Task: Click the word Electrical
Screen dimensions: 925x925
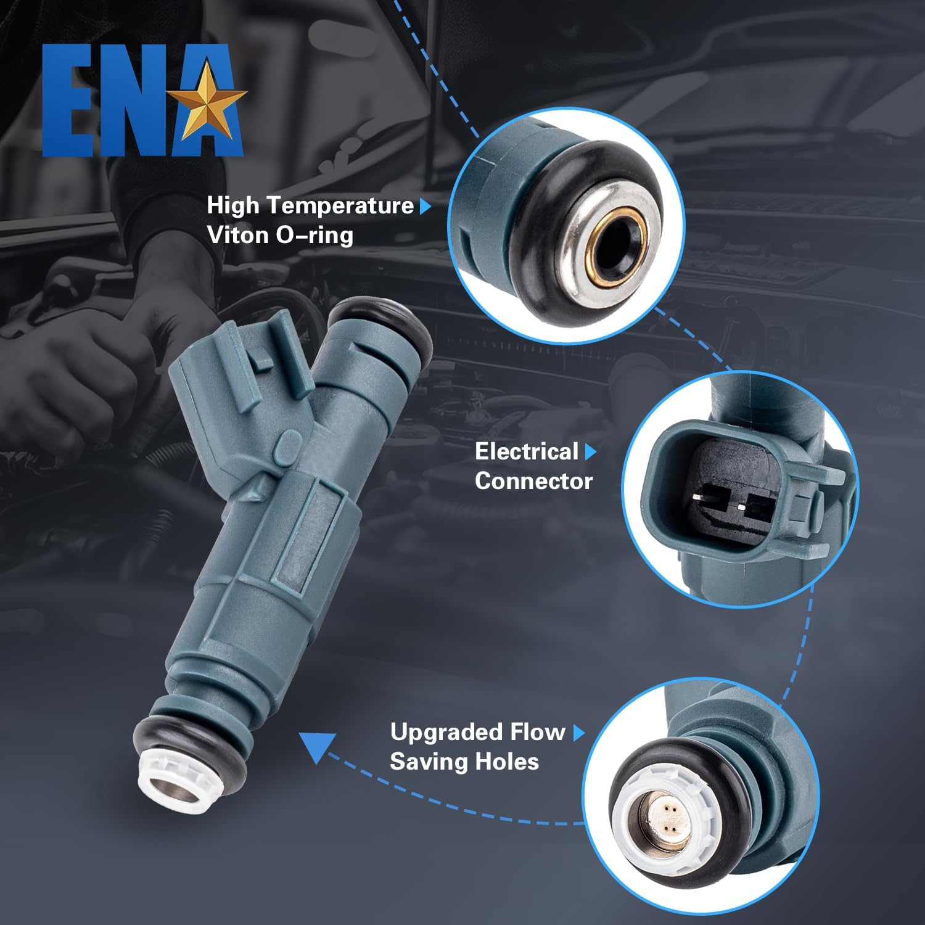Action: [x=526, y=451]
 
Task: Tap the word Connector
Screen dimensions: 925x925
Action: [x=533, y=481]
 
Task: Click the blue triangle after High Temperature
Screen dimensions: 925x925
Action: [x=425, y=207]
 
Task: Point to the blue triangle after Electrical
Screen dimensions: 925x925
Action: [x=590, y=452]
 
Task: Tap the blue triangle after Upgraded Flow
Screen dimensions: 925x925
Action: [x=578, y=733]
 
